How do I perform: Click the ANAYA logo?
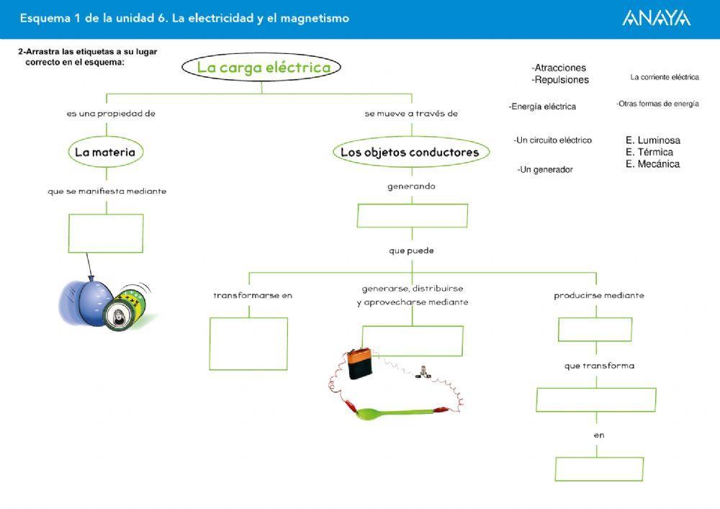point(656,19)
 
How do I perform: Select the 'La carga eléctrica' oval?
point(260,68)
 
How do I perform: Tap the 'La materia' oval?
point(105,153)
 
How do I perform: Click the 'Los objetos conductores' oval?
point(410,153)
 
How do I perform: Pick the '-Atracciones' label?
point(559,68)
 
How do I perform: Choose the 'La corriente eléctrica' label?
point(664,77)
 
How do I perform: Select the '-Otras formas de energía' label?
point(657,104)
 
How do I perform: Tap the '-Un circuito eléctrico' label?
point(552,140)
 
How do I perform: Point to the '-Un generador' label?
point(545,170)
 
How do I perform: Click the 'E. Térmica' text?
point(649,153)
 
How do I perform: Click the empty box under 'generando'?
point(412,216)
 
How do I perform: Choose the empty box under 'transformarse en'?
point(248,343)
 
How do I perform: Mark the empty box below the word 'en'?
point(599,469)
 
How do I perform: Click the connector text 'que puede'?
point(411,251)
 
